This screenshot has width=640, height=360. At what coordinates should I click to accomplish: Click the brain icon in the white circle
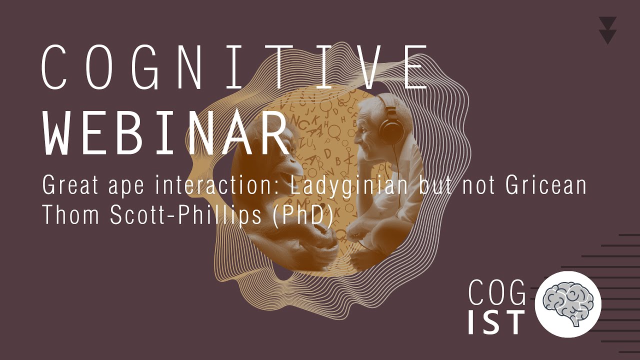click(568, 304)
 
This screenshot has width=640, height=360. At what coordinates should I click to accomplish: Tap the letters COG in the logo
click(497, 292)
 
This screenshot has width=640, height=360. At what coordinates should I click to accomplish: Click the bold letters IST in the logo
click(496, 322)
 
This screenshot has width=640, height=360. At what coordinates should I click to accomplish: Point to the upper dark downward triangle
click(607, 23)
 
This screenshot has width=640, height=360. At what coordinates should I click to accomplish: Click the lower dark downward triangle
click(607, 36)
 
